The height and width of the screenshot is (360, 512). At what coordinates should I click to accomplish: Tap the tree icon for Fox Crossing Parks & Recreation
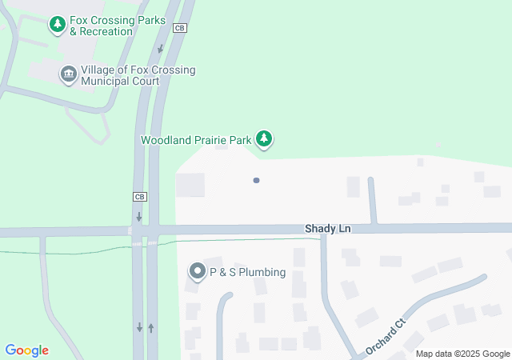[57, 26]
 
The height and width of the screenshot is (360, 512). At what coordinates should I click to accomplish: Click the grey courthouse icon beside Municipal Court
[68, 75]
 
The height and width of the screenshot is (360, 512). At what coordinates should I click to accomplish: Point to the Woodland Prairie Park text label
[196, 140]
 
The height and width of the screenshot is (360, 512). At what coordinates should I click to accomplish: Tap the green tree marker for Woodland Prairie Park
[264, 139]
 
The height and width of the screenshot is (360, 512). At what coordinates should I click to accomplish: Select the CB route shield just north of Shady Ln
[139, 197]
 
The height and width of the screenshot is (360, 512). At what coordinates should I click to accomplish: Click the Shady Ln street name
[327, 229]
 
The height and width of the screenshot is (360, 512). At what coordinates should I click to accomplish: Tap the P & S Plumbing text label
[247, 272]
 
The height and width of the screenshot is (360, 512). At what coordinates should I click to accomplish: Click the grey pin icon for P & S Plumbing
[197, 272]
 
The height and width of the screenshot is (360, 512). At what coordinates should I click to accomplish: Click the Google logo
[26, 350]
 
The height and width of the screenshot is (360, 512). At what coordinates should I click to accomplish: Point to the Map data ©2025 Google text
[462, 354]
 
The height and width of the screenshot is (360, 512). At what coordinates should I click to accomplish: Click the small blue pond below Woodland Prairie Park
[256, 180]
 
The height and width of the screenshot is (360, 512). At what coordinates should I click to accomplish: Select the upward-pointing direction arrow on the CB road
[150, 327]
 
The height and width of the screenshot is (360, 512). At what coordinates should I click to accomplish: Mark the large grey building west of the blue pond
[190, 185]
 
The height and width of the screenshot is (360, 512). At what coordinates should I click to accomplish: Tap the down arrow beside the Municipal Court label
[161, 50]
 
